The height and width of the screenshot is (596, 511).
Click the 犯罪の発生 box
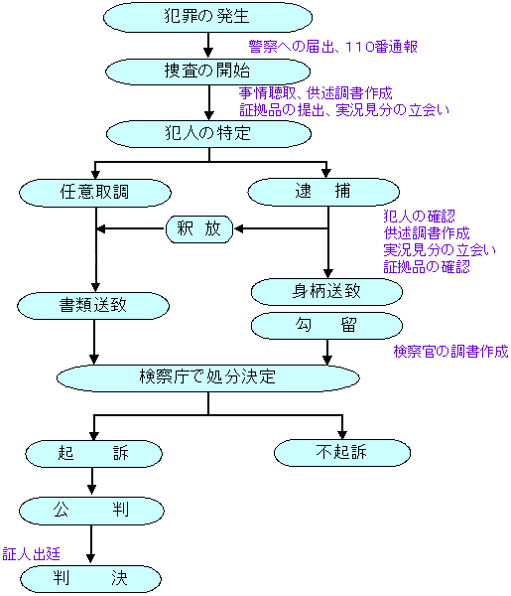coord(207,17)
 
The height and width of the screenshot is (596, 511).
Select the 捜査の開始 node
coord(207,72)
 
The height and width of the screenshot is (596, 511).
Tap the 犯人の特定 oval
coord(208,134)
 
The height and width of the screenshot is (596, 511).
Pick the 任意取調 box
coord(95,193)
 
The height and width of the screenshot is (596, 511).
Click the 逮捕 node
coord(323,192)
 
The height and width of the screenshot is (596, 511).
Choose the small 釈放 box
coord(199,228)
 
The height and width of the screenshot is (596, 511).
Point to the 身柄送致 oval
coord(326,292)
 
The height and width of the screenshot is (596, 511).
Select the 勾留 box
coord(326,326)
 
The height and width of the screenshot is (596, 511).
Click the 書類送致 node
coord(93,306)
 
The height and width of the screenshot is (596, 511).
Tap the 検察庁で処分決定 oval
coord(208,377)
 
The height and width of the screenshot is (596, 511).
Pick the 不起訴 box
coord(342,453)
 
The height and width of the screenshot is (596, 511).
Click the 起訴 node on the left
coord(94,454)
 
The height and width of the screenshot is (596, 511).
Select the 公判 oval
coord(91,511)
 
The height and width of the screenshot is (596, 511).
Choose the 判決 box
coord(90,578)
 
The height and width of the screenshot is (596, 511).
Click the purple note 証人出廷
coord(31,554)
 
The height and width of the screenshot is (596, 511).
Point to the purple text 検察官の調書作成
coord(451,352)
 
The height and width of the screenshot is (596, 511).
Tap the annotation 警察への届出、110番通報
coord(333,47)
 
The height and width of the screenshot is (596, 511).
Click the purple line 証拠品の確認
coord(427,267)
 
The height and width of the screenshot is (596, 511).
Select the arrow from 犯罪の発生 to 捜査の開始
coord(208,45)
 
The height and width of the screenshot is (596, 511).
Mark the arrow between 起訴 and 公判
coord(92,481)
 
